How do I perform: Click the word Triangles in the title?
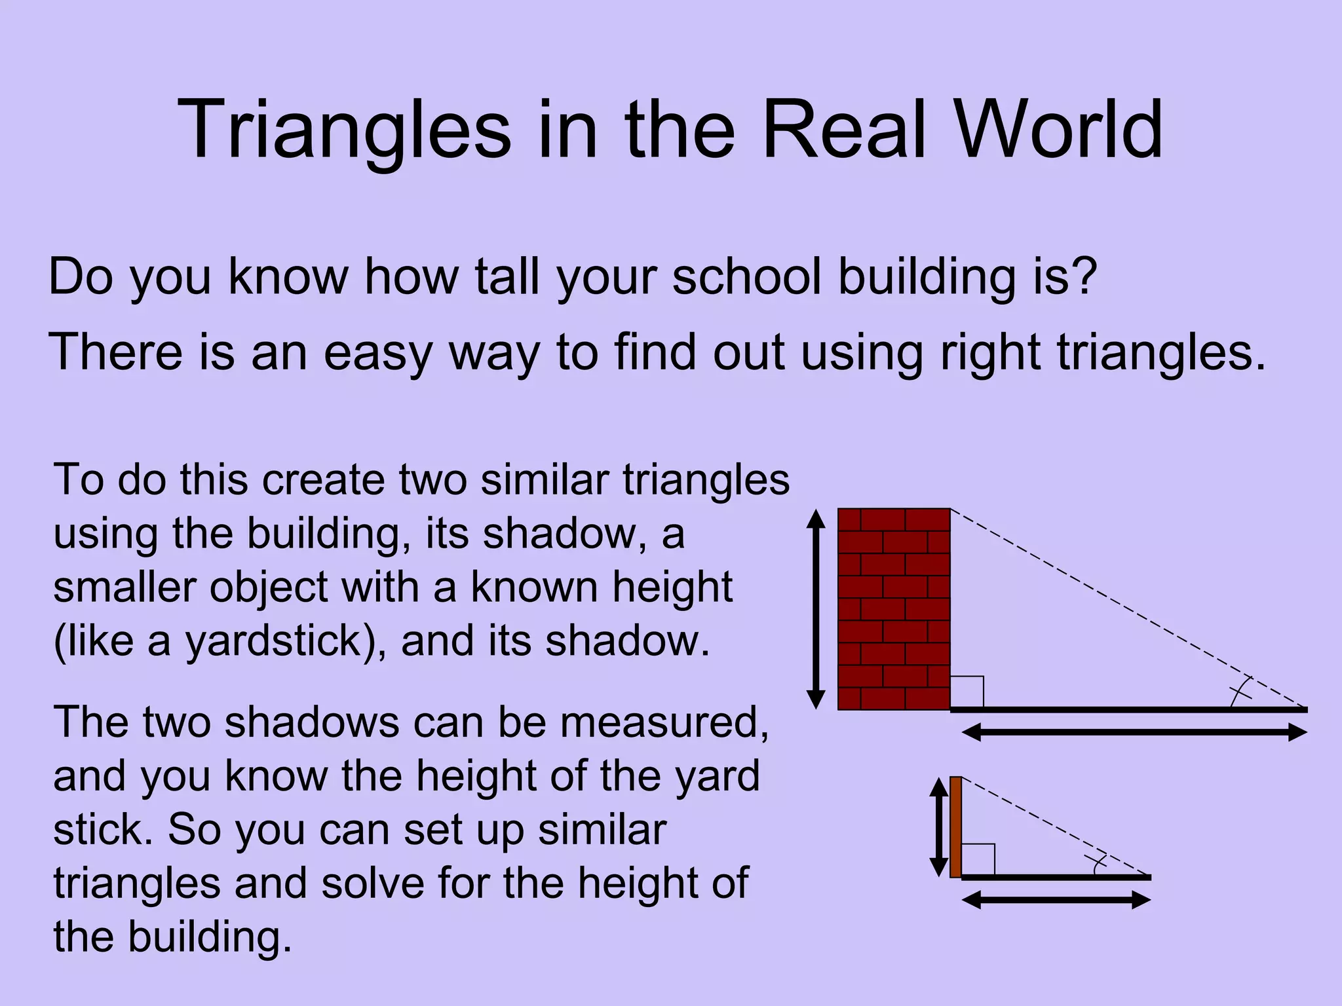343,130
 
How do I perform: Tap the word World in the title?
1058,130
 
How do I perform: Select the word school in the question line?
746,276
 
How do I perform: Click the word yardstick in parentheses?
273,641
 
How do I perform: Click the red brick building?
894,609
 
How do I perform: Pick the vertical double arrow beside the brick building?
816,609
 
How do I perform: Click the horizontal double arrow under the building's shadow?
1134,732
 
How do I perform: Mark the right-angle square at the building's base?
967,692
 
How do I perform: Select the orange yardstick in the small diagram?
955,827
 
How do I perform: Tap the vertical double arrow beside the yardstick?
939,827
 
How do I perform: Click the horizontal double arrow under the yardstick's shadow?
1056,900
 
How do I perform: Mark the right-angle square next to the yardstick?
978,859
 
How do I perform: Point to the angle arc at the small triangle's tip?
1097,864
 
